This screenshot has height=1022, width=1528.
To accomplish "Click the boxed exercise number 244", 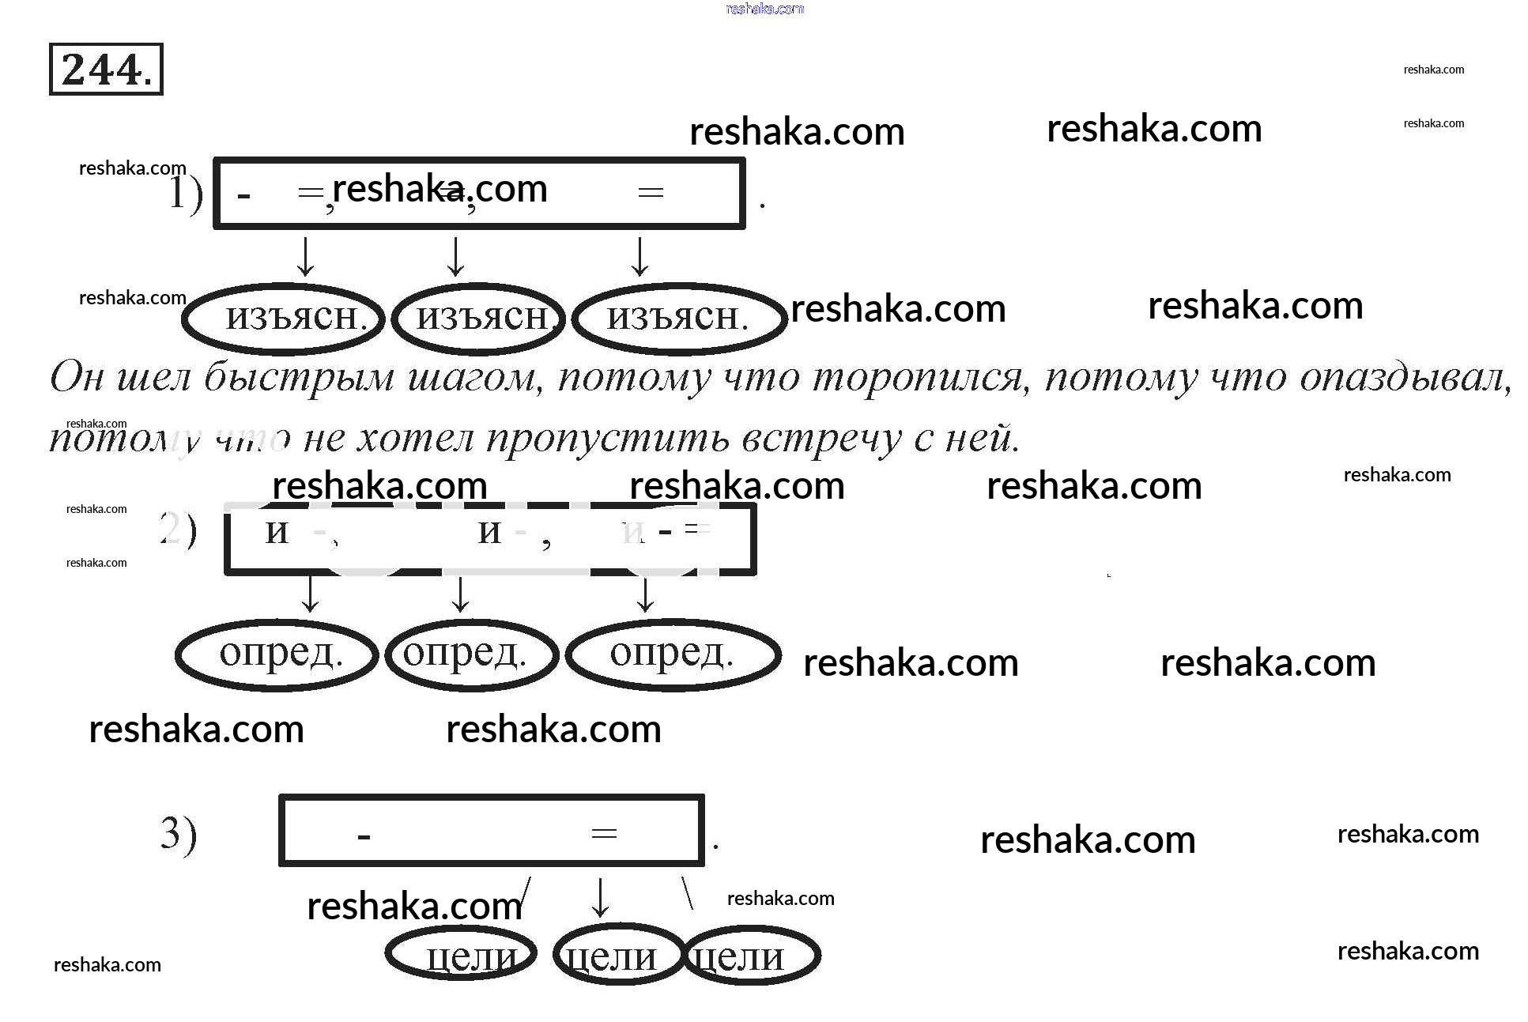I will point(106,70).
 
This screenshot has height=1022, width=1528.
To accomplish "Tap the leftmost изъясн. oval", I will point(284,319).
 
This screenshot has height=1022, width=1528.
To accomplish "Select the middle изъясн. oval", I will point(478,319).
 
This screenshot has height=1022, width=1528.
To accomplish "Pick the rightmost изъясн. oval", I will point(679,319).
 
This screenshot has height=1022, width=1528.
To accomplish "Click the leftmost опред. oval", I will point(277,655).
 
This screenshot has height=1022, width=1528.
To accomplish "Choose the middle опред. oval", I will point(471,655).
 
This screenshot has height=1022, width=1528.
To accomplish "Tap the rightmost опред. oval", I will point(673,655).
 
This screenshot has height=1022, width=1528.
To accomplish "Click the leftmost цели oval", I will point(462,953).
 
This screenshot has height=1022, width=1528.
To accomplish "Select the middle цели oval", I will point(618,955).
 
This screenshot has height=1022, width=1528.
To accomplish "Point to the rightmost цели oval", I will point(751,955).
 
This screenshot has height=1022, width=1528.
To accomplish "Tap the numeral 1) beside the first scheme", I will point(186,194).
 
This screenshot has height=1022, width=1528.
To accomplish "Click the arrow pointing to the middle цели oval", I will point(601,896).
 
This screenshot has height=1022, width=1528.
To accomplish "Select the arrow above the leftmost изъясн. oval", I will point(306,255).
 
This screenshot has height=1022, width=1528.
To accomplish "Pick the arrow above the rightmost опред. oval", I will point(645,594).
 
